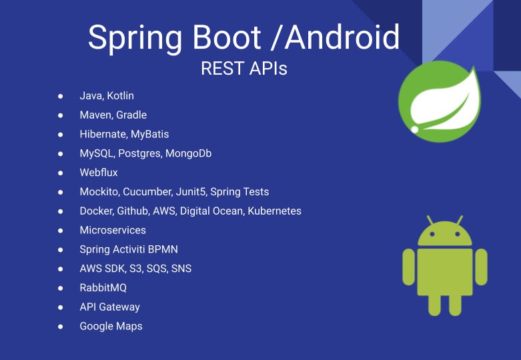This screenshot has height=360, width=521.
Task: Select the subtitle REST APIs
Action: coord(244,68)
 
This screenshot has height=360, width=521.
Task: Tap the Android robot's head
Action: coord(445,235)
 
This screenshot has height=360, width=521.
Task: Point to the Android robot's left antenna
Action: coord(430,220)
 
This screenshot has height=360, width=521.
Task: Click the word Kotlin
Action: coord(120,96)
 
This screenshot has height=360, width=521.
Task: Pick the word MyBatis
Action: coord(149,134)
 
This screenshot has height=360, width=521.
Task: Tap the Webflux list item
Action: coord(99,173)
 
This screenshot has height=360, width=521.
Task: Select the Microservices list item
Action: coord(113,230)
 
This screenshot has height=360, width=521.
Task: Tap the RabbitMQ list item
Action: coord(103,288)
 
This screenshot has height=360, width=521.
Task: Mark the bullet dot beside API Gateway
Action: coord(61,307)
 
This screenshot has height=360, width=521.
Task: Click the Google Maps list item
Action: coord(111,327)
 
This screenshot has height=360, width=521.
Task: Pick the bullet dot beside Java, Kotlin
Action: coord(61,96)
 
